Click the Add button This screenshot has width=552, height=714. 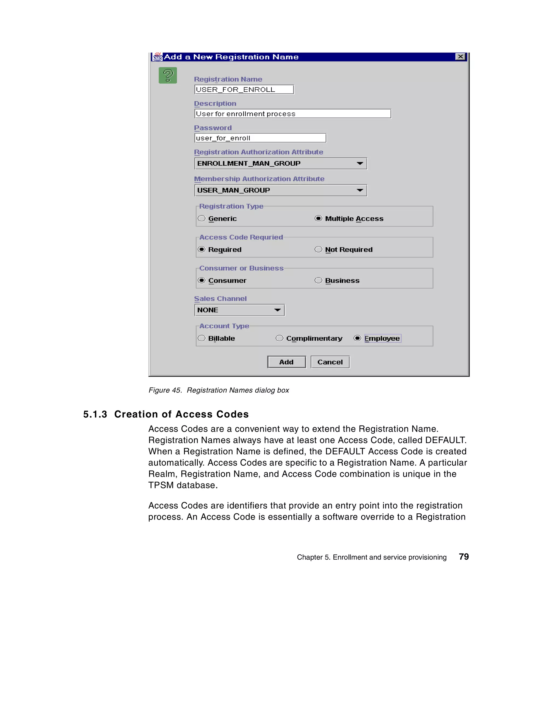(x=286, y=362)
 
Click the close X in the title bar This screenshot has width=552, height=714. (x=460, y=57)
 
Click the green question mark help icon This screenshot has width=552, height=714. (x=168, y=75)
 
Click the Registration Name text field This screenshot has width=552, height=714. (x=244, y=90)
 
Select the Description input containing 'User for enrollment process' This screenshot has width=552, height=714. (x=292, y=114)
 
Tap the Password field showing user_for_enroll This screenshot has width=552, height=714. (x=260, y=138)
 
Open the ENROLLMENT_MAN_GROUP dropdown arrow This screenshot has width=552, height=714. (x=360, y=163)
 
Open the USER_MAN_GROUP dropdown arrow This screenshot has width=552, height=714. (x=360, y=190)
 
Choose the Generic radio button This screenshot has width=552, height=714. (x=202, y=218)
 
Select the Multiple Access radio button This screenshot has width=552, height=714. (x=318, y=218)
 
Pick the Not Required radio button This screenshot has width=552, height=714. (x=318, y=249)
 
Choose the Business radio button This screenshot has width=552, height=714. (x=318, y=280)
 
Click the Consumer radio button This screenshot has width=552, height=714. (x=202, y=280)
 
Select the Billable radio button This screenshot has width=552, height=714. (x=202, y=338)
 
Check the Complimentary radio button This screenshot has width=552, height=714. (x=279, y=338)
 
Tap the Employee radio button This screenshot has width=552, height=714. (x=357, y=338)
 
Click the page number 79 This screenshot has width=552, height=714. (x=464, y=557)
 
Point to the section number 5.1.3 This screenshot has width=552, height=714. (x=95, y=414)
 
